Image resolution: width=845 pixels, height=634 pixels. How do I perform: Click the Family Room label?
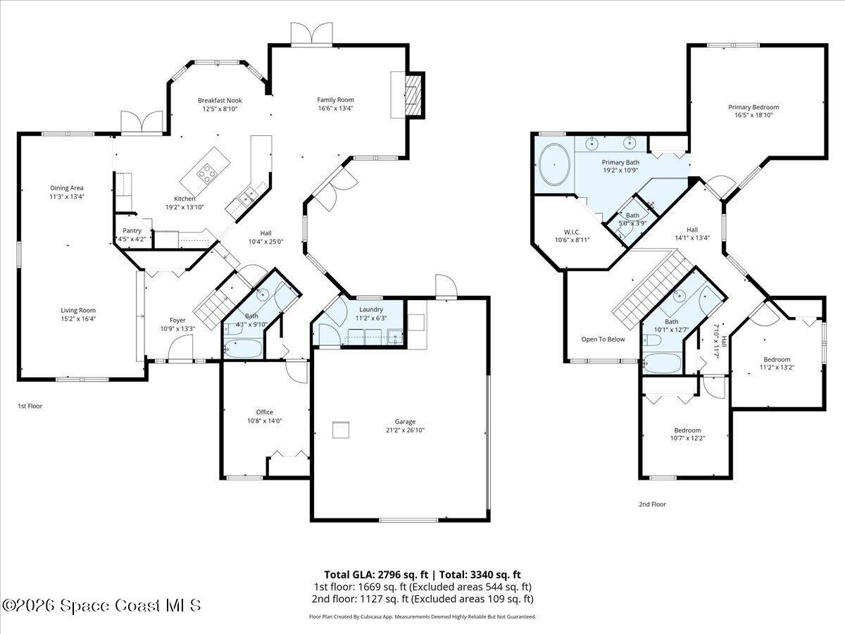[x=335, y=100]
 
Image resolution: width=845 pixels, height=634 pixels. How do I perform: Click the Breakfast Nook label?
[x=220, y=101]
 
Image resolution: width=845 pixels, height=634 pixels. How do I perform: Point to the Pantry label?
[x=132, y=230]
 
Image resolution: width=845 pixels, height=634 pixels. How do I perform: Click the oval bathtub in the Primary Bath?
[x=556, y=165]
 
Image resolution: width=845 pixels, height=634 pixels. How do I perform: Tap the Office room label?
[x=264, y=412]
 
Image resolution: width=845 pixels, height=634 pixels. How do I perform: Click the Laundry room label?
[x=370, y=309]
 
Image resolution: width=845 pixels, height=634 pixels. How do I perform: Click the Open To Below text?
[x=603, y=339]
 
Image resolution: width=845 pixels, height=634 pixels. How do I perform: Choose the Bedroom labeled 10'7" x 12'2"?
[x=687, y=430]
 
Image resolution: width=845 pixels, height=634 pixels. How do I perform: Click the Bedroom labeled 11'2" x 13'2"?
[x=777, y=359]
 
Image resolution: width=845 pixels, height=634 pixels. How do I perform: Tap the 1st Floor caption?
[x=30, y=406]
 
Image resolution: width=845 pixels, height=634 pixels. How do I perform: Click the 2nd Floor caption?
[x=651, y=504]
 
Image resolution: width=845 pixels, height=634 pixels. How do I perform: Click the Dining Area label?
[x=67, y=188]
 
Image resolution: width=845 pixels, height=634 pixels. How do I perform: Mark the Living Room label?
[x=77, y=310]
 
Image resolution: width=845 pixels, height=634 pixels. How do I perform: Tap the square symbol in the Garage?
[x=342, y=430]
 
